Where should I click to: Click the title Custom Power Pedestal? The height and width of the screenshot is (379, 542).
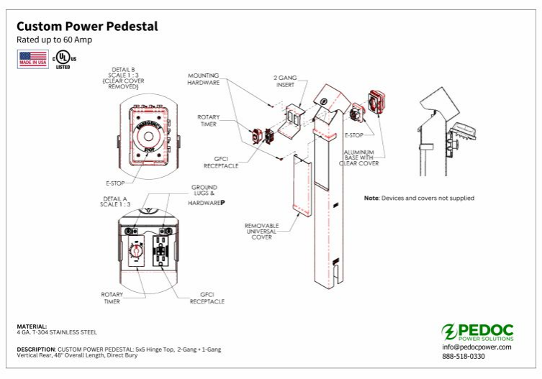(x=87, y=27)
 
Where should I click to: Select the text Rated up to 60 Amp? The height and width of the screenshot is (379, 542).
(x=51, y=40)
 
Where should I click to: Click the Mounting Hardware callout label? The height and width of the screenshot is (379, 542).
(x=204, y=78)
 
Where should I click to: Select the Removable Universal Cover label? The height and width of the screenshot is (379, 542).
(x=262, y=230)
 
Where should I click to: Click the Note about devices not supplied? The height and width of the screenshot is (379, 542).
(x=419, y=198)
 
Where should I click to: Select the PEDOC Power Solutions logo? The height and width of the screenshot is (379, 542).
(x=478, y=332)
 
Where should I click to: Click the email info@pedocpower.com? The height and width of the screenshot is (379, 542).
(x=476, y=347)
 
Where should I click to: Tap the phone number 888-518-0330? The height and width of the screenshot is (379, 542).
(x=464, y=356)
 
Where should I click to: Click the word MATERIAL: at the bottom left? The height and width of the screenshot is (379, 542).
(x=32, y=326)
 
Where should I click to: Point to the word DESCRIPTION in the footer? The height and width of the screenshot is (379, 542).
(x=35, y=349)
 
